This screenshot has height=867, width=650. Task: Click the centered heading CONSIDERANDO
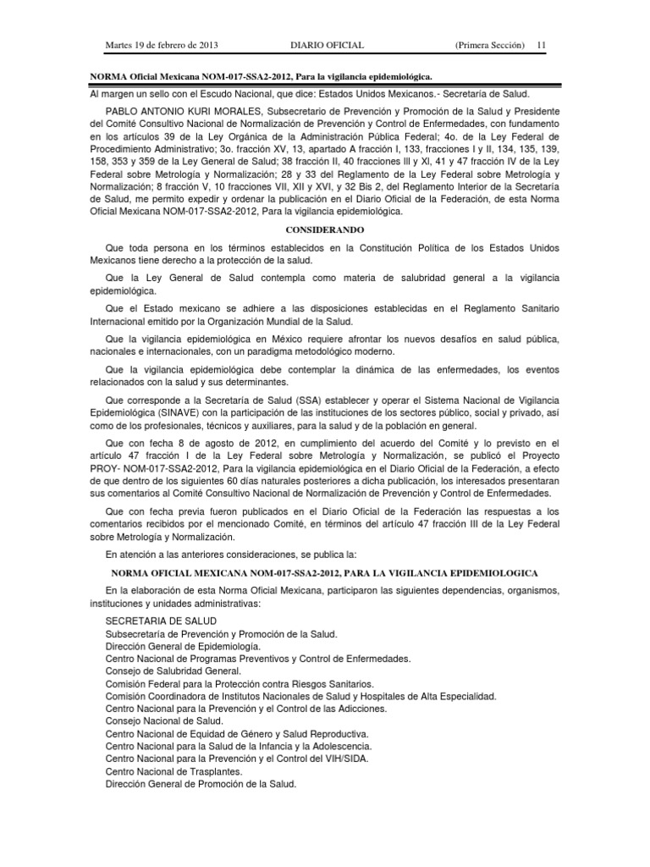coord(324,229)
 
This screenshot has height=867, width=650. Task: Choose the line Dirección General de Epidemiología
coord(189,645)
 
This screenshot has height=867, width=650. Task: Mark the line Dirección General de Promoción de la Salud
coord(201,784)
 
